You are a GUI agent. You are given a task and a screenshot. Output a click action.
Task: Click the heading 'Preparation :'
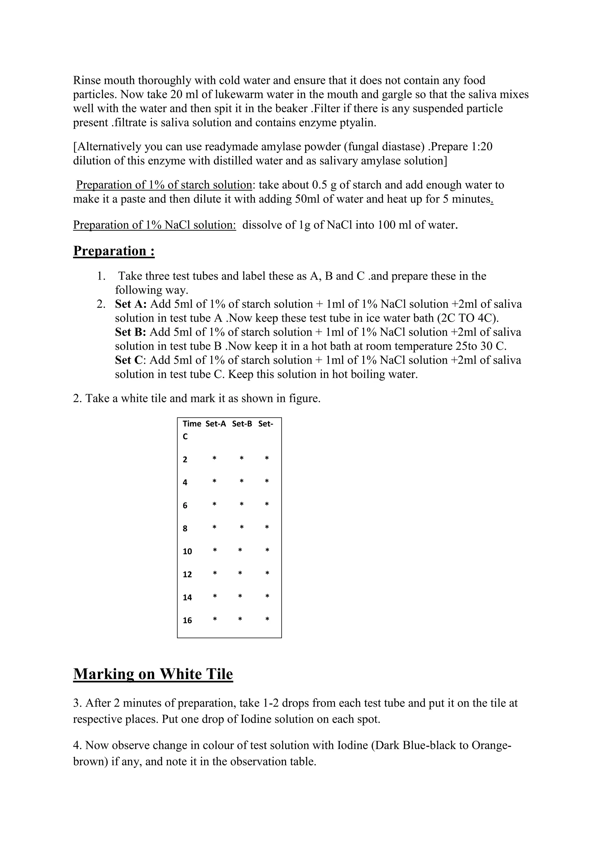[x=114, y=251]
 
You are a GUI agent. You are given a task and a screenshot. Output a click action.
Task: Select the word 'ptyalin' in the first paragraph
[x=358, y=123]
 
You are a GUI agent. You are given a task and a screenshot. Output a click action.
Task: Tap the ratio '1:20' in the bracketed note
[x=482, y=147]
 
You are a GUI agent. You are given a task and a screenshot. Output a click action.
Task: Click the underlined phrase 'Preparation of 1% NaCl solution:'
[x=154, y=225]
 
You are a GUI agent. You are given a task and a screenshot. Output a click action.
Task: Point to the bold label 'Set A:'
[x=131, y=304]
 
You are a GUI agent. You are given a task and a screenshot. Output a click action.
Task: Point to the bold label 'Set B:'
[x=131, y=332]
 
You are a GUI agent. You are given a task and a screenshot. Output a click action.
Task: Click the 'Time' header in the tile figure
[x=192, y=424]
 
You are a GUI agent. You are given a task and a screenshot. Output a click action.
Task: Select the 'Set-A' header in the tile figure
[x=216, y=424]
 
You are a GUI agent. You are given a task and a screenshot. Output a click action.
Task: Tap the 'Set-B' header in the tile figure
[x=242, y=424]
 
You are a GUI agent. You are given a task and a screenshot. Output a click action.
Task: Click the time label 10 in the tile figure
[x=188, y=551]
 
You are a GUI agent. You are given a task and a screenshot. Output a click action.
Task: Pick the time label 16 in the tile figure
[x=188, y=620]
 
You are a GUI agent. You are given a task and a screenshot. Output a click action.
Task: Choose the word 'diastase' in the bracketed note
[x=404, y=147]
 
